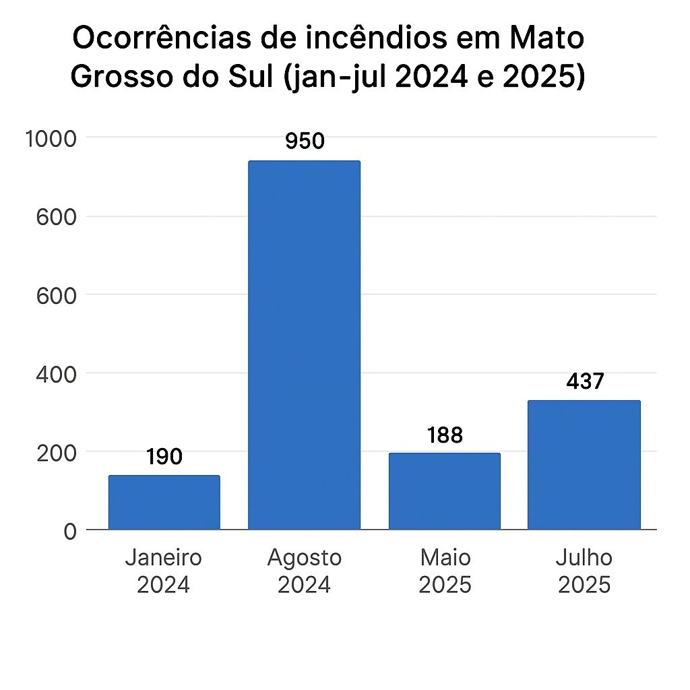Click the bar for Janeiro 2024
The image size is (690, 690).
click(164, 502)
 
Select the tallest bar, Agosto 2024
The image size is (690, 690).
click(304, 345)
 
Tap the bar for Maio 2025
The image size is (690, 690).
click(444, 491)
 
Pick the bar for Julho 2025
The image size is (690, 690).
click(584, 465)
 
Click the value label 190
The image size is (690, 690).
click(164, 458)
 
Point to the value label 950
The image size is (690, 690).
click(305, 141)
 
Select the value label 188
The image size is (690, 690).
click(445, 435)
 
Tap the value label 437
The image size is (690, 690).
click(585, 381)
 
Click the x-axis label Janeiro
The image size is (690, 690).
click(164, 558)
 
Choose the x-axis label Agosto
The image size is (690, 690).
click(305, 558)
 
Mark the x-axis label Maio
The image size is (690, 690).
click(445, 558)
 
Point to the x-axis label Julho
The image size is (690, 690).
click(584, 558)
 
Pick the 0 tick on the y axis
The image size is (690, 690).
click(70, 531)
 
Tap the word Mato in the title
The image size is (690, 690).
click(546, 40)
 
